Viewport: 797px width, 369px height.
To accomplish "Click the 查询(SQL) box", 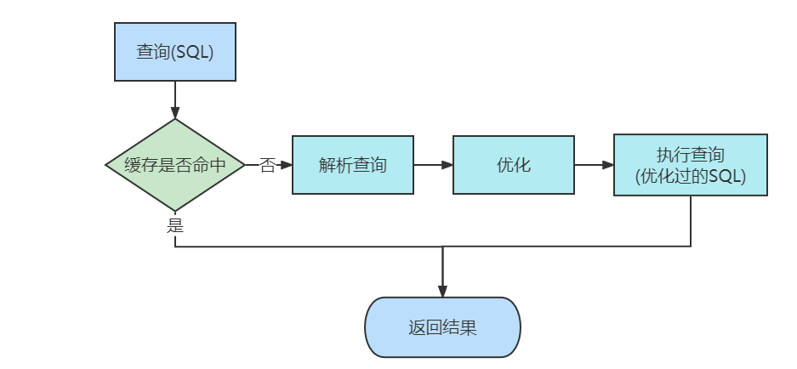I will tap(174, 52).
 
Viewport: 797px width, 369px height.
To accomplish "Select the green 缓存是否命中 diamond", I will tap(175, 165).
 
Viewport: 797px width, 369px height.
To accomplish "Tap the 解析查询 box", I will tap(353, 165).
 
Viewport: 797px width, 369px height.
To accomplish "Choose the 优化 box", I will tap(513, 165).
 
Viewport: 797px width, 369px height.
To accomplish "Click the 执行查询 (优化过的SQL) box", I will tap(690, 165).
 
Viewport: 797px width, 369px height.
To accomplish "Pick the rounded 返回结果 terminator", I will tap(442, 327).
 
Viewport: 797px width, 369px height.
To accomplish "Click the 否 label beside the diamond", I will tap(267, 166).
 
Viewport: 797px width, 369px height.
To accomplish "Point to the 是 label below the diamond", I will tap(175, 225).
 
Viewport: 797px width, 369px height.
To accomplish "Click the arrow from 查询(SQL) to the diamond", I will tap(175, 99).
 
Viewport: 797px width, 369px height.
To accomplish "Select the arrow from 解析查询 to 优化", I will tap(433, 165).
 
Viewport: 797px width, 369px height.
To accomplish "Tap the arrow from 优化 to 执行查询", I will tap(594, 165).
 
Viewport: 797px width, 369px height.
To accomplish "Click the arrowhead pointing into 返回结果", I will tap(442, 291).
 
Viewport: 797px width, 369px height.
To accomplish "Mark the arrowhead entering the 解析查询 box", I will tap(286, 165).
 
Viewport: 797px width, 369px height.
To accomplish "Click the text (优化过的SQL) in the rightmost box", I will tap(690, 176).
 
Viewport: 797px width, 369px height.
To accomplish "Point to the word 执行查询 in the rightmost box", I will tap(690, 155).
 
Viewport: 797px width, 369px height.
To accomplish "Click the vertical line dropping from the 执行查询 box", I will tap(691, 221).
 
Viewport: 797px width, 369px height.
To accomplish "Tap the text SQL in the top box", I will tap(193, 52).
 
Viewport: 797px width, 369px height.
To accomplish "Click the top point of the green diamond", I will tap(175, 120).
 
